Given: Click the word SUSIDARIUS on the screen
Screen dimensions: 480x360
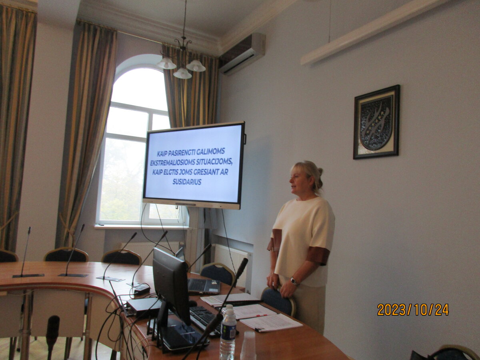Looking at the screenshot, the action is point(187,182).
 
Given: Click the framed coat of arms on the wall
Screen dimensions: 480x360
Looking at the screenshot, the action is point(376,122).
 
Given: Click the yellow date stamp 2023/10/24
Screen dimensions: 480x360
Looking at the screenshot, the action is point(413,310).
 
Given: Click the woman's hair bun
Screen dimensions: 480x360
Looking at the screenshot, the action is point(320,172).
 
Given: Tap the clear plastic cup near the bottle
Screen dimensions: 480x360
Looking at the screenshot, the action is point(248,345).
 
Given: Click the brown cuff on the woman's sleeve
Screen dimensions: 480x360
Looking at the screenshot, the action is point(318,256).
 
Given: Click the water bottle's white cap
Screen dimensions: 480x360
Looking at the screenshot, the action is point(228,307).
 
